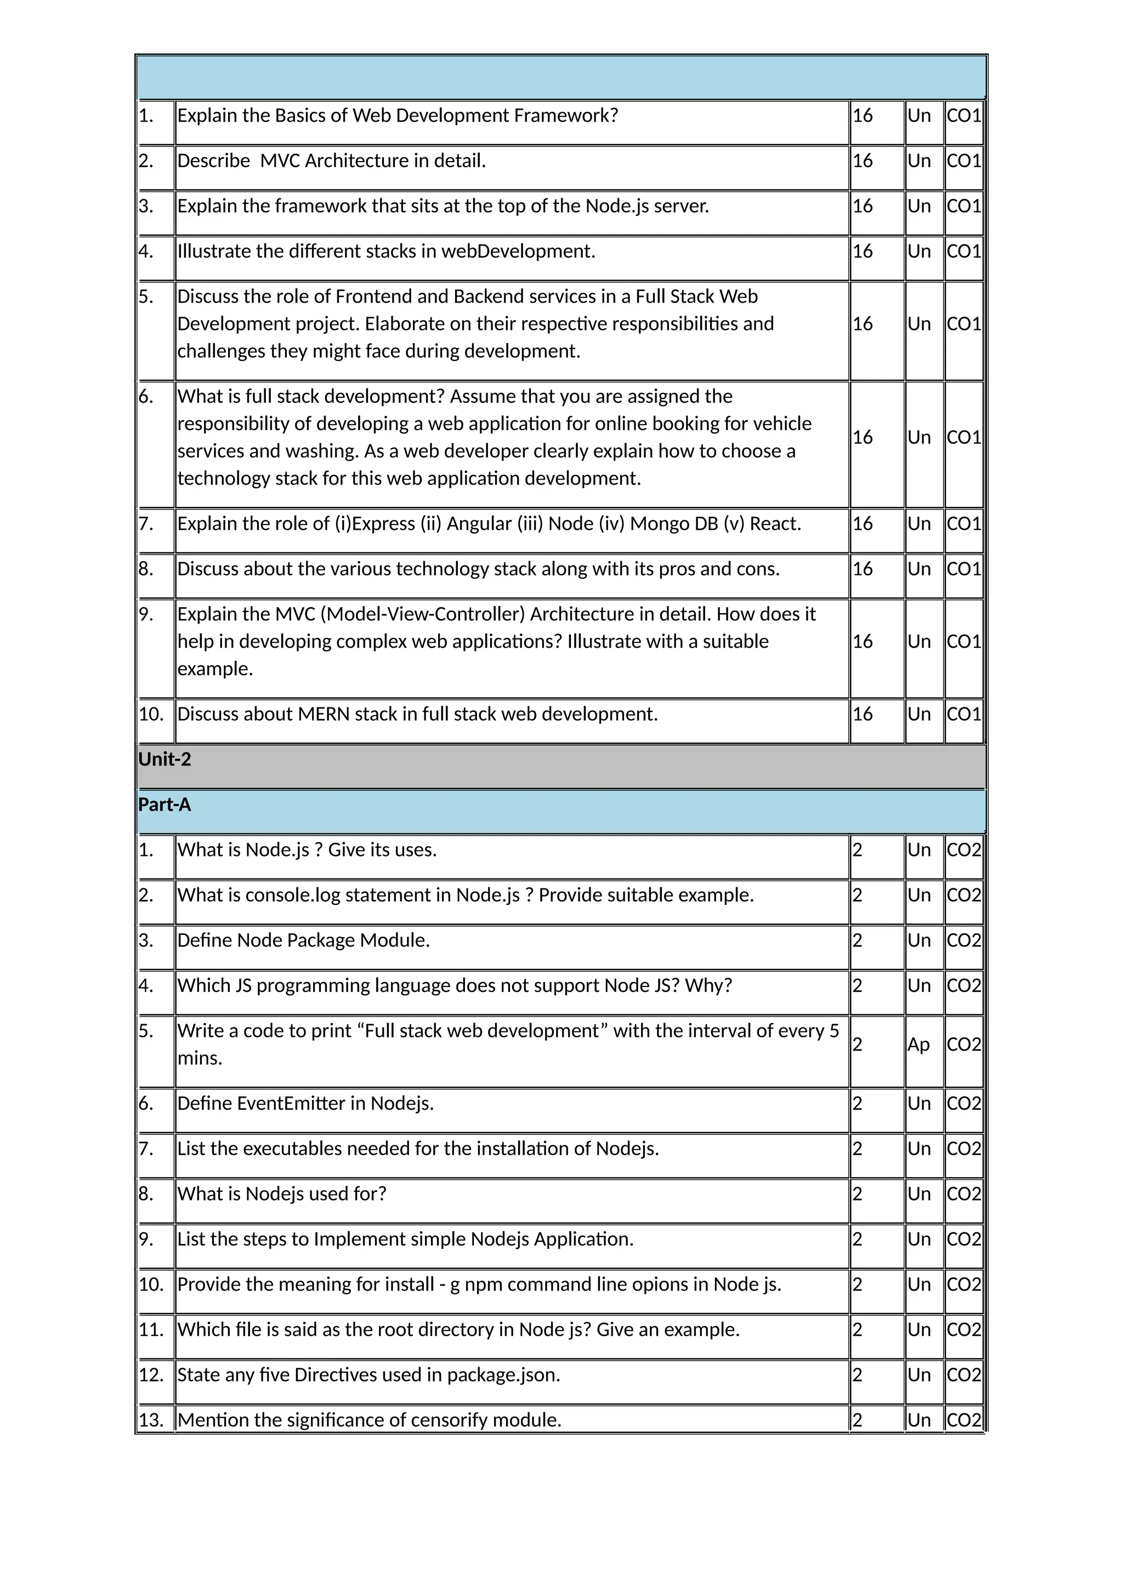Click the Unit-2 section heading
pyautogui.click(x=165, y=759)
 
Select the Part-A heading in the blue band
pyautogui.click(x=165, y=804)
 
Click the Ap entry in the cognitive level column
pyautogui.click(x=918, y=1044)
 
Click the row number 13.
pyautogui.click(x=151, y=1420)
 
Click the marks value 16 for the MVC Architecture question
pyautogui.click(x=863, y=161)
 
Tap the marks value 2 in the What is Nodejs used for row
pyautogui.click(x=858, y=1194)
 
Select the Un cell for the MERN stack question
pyautogui.click(x=918, y=714)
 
